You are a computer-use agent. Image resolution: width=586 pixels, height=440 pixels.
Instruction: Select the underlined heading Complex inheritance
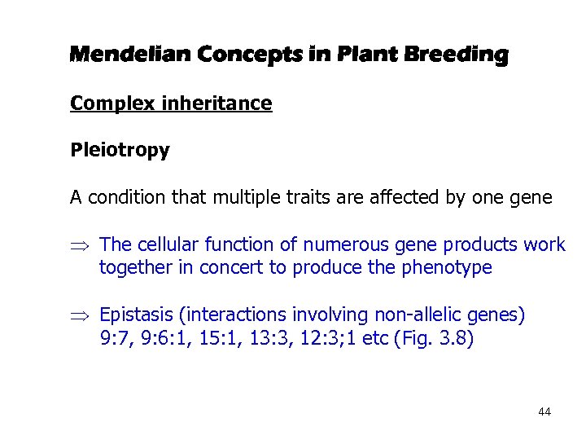point(171,103)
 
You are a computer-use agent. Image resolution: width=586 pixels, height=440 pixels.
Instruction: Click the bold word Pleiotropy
point(120,151)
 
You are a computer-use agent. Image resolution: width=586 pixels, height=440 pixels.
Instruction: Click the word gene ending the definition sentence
point(534,198)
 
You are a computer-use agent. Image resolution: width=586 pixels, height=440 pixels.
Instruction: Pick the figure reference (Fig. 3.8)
point(432,338)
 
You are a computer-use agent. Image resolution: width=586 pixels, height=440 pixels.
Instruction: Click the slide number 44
point(544,412)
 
